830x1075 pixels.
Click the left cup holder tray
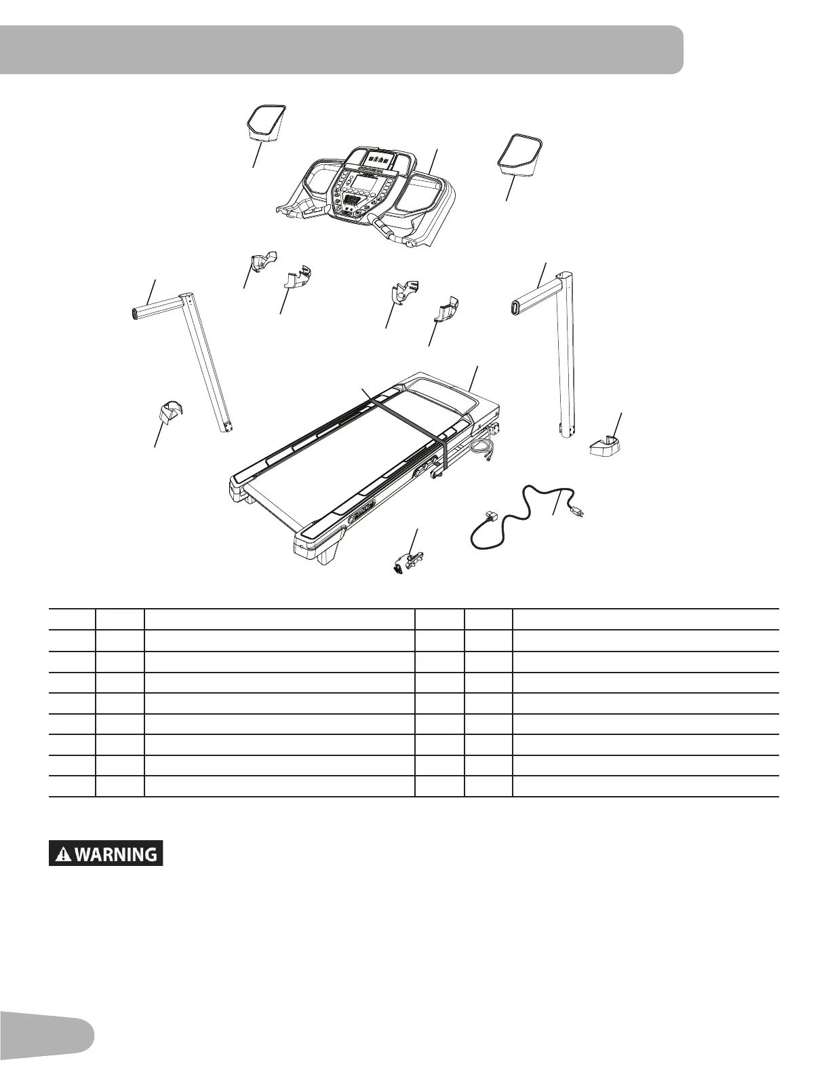click(x=265, y=123)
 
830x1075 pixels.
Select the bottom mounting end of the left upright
click(x=226, y=426)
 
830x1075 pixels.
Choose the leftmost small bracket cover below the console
click(x=262, y=261)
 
